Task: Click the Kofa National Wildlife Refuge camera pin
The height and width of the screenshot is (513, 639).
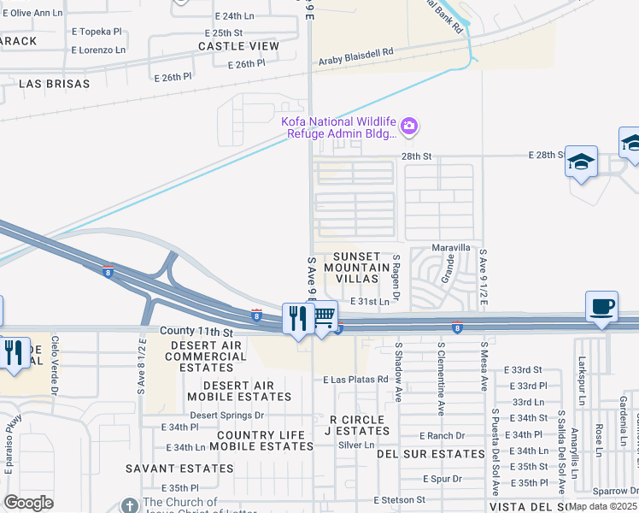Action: click(x=409, y=127)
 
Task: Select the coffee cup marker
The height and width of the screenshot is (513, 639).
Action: click(x=602, y=307)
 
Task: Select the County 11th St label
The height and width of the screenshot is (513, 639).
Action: click(x=196, y=331)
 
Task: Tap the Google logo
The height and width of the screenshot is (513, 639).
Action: click(x=28, y=503)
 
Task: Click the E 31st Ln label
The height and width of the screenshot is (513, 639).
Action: click(x=370, y=302)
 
